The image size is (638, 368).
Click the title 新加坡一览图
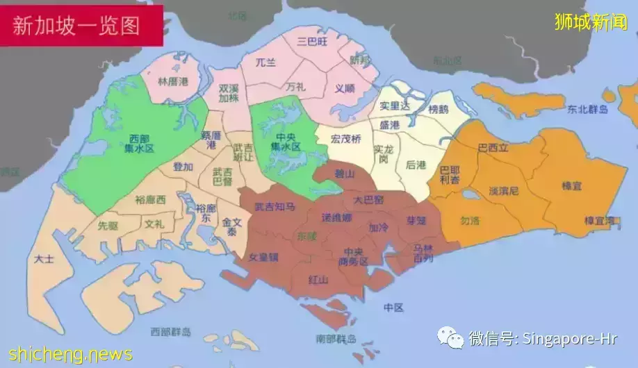tap(77, 25)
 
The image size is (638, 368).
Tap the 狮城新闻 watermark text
tap(591, 22)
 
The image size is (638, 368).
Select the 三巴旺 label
tap(311, 42)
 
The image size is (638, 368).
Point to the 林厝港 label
tap(173, 81)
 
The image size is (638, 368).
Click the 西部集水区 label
tap(140, 143)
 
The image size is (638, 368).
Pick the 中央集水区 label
tap(285, 142)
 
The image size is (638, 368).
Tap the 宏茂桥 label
tap(346, 139)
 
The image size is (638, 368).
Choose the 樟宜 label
tap(573, 186)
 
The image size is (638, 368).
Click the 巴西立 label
tap(493, 148)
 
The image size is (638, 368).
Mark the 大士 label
tap(42, 259)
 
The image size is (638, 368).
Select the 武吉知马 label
tap(275, 206)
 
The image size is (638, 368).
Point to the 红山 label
tap(319, 279)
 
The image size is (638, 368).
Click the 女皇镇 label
tap(263, 257)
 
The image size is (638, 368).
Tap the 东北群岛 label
tap(587, 110)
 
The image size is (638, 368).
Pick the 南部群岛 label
tap(336, 340)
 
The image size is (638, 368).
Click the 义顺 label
tap(345, 88)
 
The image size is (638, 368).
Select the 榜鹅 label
tap(439, 109)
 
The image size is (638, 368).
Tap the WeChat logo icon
tap(450, 338)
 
